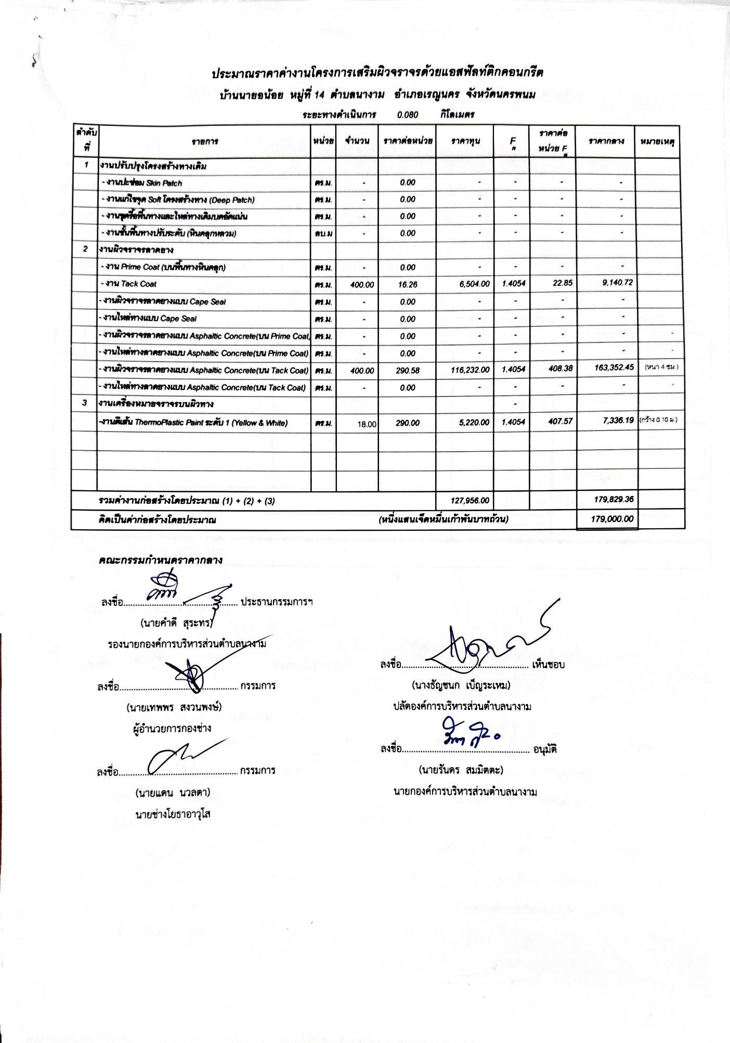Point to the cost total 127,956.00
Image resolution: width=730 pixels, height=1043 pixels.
tap(470, 501)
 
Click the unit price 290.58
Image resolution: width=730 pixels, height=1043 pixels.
tap(408, 371)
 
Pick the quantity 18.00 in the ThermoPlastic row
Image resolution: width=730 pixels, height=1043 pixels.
tap(367, 424)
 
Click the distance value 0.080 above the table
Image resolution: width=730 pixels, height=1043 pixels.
tap(408, 115)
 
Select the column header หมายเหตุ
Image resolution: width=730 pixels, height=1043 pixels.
tap(657, 141)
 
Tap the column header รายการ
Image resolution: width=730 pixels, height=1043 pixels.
tap(204, 141)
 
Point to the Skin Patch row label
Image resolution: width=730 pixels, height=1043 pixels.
tap(141, 183)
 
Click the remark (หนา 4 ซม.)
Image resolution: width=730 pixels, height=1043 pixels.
tap(661, 367)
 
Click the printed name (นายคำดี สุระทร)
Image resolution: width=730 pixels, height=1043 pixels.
tap(177, 622)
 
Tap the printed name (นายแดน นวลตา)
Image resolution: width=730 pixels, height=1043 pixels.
tap(173, 793)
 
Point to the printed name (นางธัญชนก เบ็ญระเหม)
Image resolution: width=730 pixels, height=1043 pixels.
tap(461, 685)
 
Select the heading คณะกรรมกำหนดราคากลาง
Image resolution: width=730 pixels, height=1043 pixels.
tap(161, 561)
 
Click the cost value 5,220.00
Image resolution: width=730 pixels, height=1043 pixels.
tap(474, 423)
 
